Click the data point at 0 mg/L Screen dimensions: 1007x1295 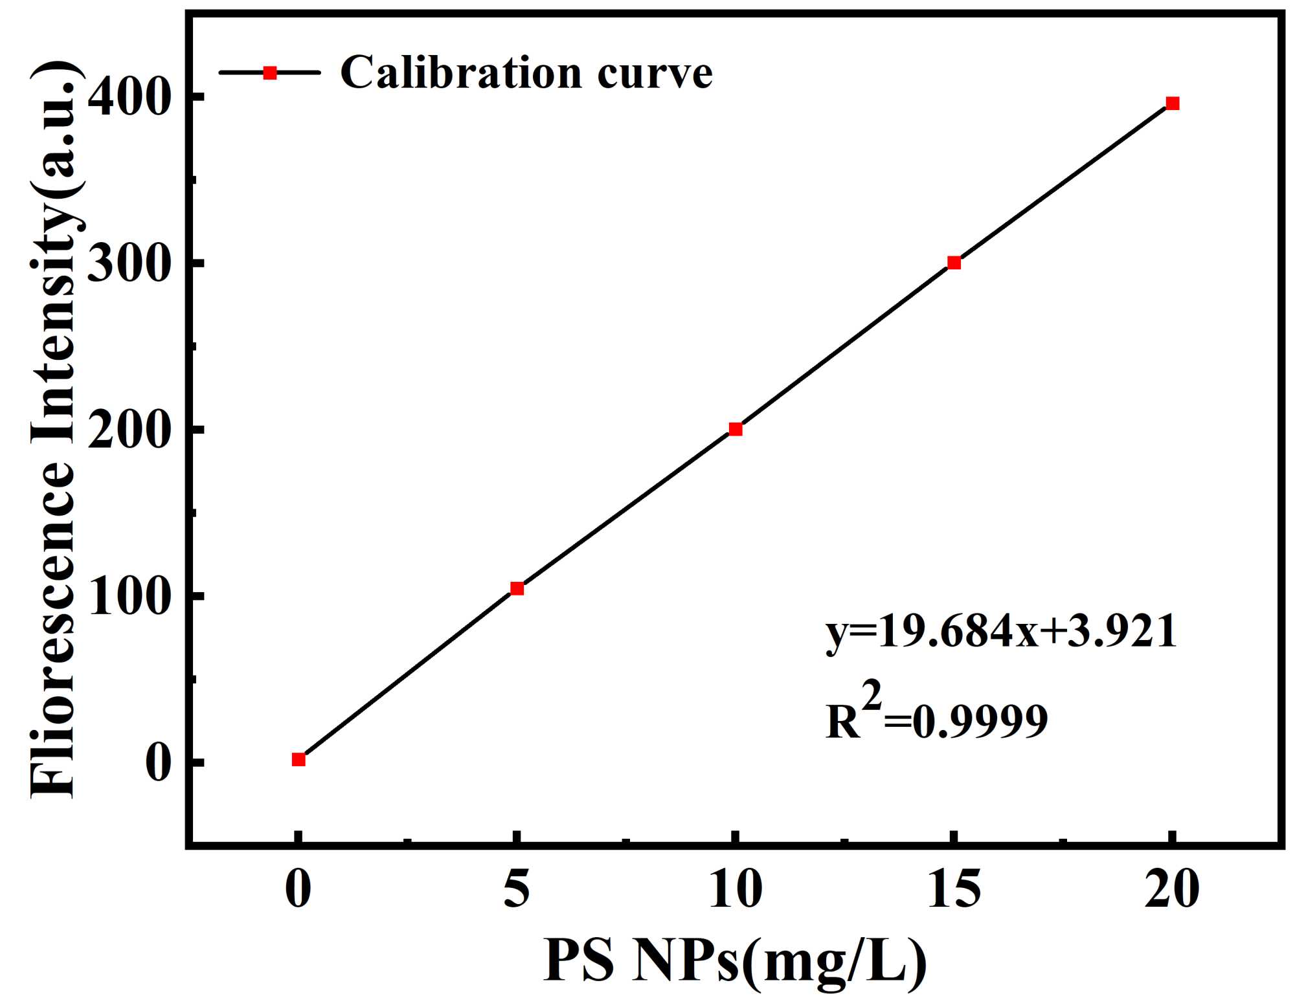(x=298, y=759)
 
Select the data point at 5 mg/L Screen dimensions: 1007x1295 (x=517, y=588)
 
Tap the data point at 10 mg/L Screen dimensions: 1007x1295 (x=736, y=429)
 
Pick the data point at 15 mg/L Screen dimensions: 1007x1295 (x=954, y=263)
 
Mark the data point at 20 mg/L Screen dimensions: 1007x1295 (x=1172, y=104)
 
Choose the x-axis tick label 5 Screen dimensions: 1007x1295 (x=517, y=891)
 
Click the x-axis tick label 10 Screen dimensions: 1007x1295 (x=735, y=891)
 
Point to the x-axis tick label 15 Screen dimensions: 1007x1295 (x=954, y=891)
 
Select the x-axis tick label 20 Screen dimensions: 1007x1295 (x=1172, y=891)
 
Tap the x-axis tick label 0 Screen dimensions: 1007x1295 (x=298, y=891)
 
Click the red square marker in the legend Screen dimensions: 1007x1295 (x=270, y=72)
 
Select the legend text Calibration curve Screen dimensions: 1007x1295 (x=526, y=72)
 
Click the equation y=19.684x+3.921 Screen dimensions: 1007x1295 (x=1000, y=633)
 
